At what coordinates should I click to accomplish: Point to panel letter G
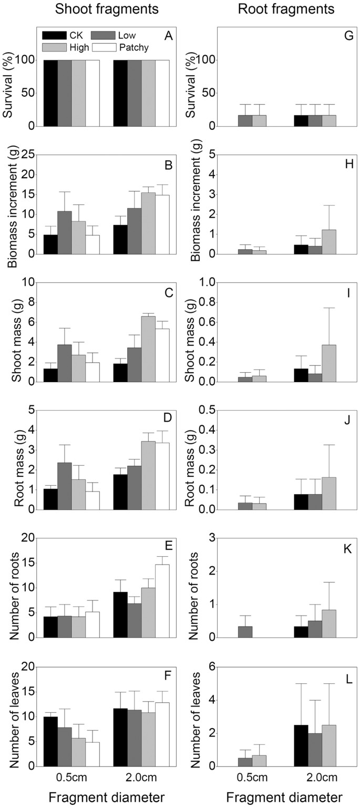coord(343,36)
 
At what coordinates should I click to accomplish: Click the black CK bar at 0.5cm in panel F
coord(50,741)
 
